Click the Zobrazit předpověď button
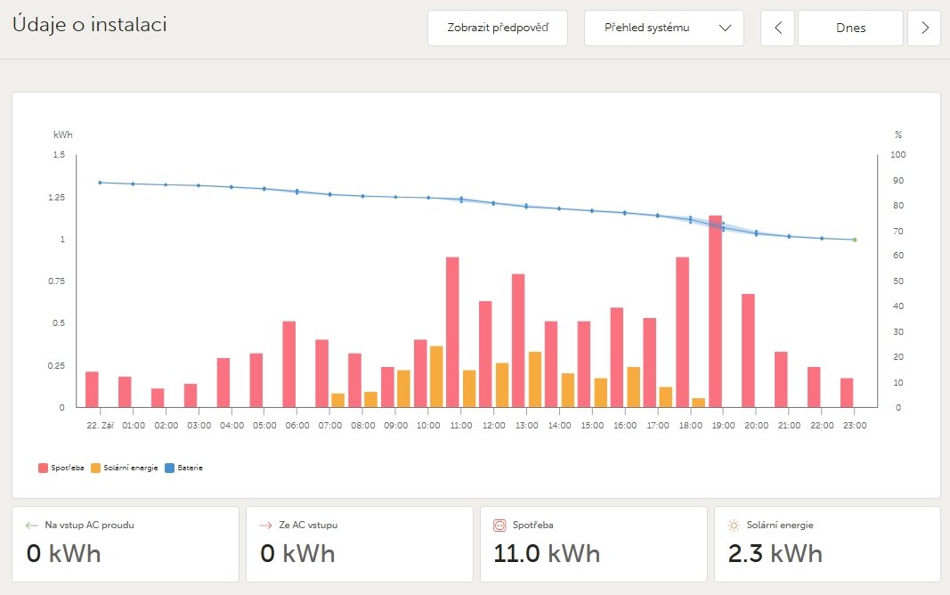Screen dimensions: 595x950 coord(498,28)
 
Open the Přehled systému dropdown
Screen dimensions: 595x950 coord(664,28)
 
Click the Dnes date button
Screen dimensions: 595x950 coord(850,28)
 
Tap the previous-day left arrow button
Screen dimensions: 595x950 coord(778,28)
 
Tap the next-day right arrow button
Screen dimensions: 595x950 coord(924,28)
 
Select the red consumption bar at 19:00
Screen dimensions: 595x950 coord(715,312)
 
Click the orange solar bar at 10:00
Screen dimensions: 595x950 coord(436,376)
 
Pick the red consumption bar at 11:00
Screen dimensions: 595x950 coord(452,331)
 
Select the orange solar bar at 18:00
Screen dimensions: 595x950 coord(699,403)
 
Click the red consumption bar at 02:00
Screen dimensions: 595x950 coord(158,397)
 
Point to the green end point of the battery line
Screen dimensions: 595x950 coord(855,240)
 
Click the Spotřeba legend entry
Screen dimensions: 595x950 coord(61,468)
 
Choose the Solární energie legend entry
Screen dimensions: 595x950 coord(126,468)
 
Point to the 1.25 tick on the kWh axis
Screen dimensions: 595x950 coord(57,197)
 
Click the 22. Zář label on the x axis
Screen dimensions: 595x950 coord(99,426)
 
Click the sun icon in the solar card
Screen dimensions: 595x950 coord(734,526)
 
